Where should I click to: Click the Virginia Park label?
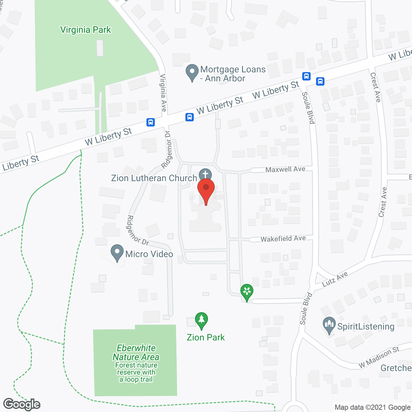(85, 30)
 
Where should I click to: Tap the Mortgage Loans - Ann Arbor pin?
(192, 73)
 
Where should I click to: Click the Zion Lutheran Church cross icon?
(205, 175)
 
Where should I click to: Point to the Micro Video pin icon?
(117, 253)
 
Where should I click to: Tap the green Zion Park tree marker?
(201, 321)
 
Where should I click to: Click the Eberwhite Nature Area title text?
(136, 352)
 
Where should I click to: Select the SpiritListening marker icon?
(329, 326)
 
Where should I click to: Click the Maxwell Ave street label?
(285, 169)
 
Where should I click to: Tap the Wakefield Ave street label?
(283, 239)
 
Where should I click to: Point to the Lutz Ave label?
(335, 279)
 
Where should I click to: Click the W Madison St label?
(379, 357)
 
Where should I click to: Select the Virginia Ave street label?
(163, 93)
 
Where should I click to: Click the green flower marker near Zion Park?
(247, 292)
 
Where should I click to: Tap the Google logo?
(22, 404)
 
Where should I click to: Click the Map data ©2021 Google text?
(373, 407)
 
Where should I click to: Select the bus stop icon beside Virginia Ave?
(151, 122)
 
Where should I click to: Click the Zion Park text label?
(206, 337)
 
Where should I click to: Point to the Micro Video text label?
(149, 254)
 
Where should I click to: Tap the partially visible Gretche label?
(396, 368)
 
